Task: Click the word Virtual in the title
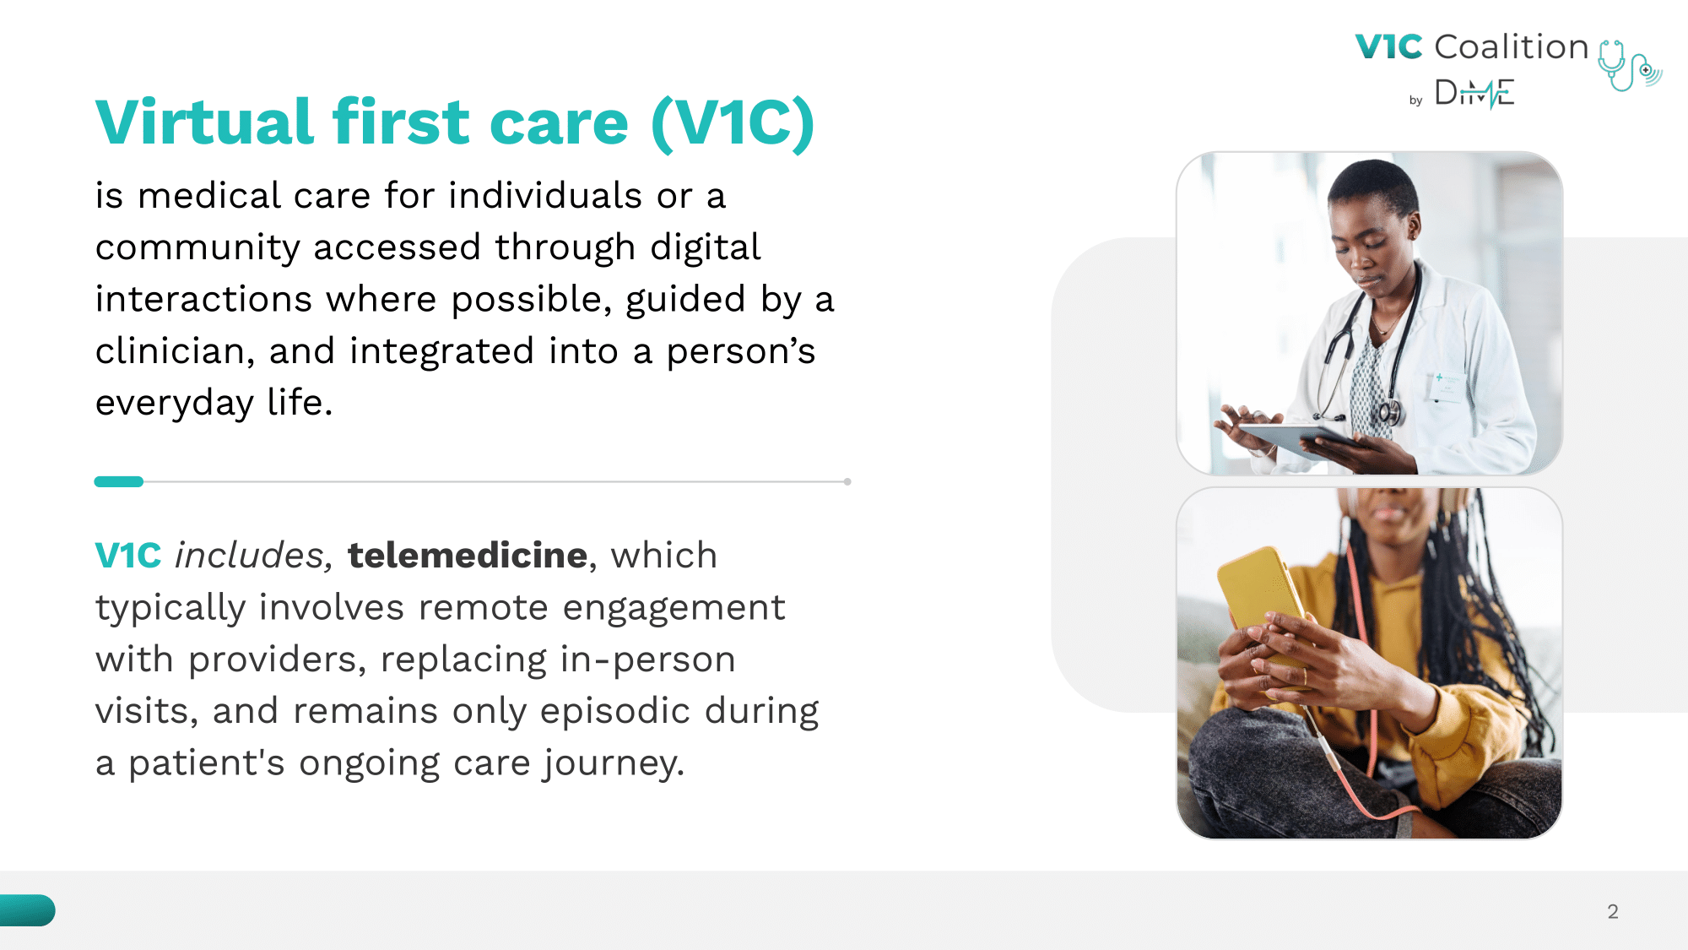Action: point(205,122)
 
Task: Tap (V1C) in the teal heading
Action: point(733,124)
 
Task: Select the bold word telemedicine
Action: point(468,556)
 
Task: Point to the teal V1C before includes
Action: point(128,556)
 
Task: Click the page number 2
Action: point(1613,911)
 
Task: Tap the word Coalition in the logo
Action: point(1512,46)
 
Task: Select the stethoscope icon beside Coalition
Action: point(1629,65)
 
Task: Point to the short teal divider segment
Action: point(119,481)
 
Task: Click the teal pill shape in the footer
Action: point(27,910)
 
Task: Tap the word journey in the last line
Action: point(614,763)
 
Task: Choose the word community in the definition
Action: point(197,248)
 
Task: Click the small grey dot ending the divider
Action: point(847,481)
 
